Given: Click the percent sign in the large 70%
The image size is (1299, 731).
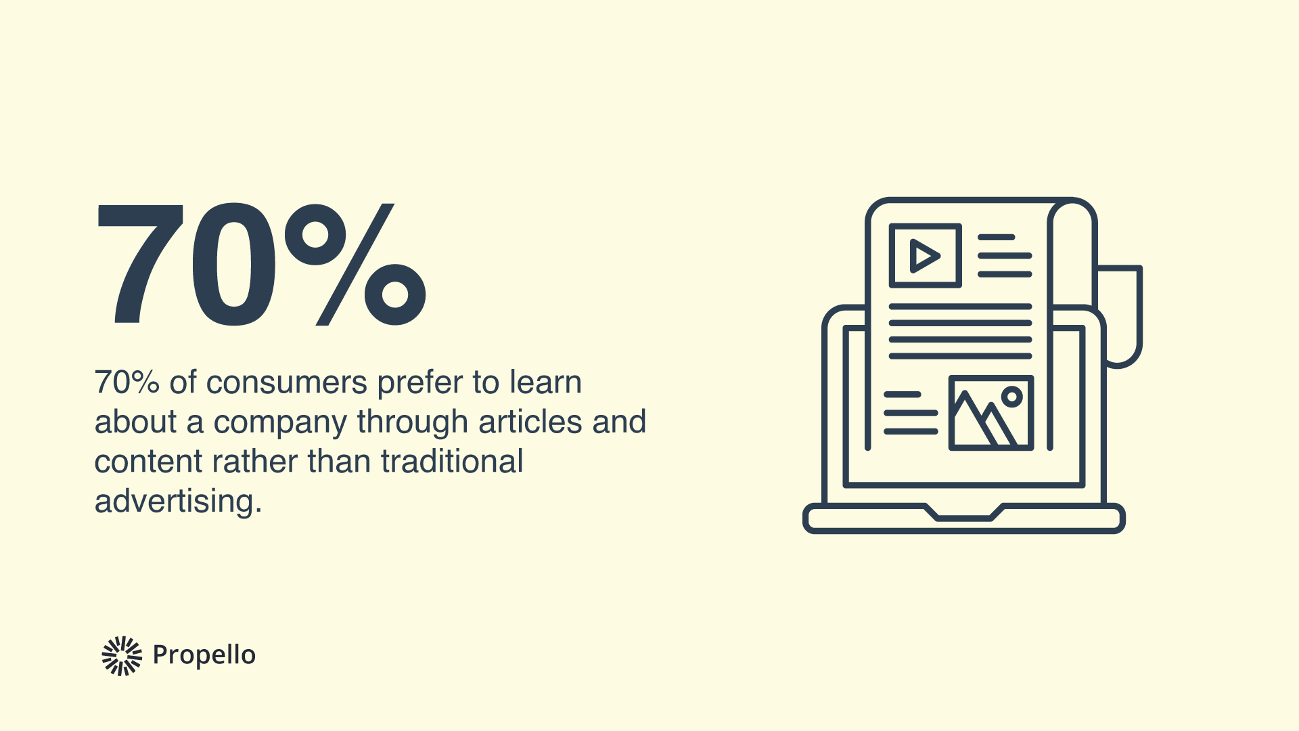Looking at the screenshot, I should click(x=355, y=264).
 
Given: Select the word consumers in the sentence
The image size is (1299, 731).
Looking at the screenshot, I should click(x=287, y=383).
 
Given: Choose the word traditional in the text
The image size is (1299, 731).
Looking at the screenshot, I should click(x=452, y=462).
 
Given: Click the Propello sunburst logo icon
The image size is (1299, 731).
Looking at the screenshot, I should click(x=122, y=655).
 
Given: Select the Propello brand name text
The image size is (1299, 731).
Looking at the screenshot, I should click(x=204, y=655).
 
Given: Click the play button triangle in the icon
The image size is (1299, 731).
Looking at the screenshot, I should click(x=924, y=256).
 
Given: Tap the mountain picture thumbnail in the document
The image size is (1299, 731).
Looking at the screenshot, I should click(x=990, y=413).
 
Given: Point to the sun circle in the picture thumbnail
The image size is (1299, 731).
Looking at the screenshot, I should click(x=1011, y=397).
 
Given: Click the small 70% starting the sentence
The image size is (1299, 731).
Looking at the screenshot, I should click(x=127, y=383).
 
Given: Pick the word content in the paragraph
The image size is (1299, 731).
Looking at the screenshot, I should click(x=148, y=462).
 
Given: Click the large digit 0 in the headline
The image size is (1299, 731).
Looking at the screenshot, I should click(x=233, y=264).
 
